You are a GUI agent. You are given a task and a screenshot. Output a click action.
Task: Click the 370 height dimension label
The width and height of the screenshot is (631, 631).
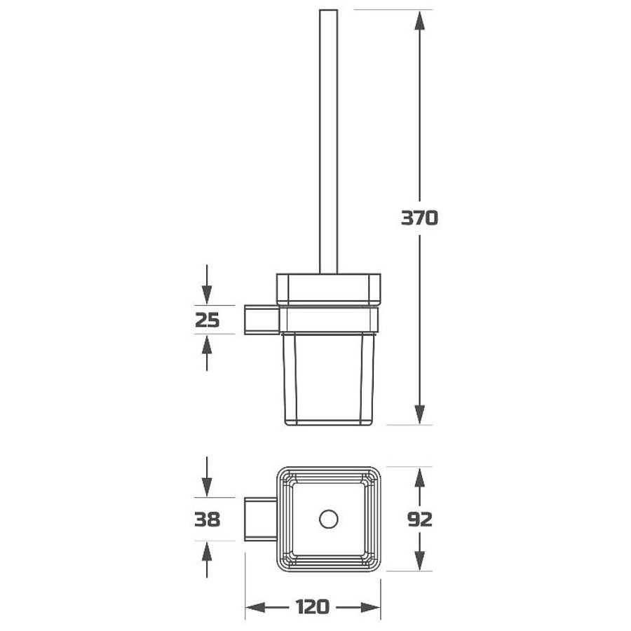[419, 218]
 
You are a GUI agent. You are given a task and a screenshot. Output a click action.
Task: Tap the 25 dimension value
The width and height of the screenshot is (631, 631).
[208, 320]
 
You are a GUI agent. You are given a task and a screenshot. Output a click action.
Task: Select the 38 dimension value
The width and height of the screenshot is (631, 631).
[208, 519]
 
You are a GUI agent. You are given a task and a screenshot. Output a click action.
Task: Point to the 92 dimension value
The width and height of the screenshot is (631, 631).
[420, 519]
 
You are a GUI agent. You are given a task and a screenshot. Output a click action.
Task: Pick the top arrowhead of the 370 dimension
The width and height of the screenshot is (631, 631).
[420, 20]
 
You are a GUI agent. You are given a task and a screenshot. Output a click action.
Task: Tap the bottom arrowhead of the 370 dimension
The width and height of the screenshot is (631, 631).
[420, 415]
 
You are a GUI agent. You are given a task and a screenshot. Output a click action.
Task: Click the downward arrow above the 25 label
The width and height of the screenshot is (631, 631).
[207, 285]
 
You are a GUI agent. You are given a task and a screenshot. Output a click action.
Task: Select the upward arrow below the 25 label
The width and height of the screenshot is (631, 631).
[207, 353]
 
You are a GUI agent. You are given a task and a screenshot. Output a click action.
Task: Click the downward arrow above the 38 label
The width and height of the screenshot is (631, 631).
[207, 477]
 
